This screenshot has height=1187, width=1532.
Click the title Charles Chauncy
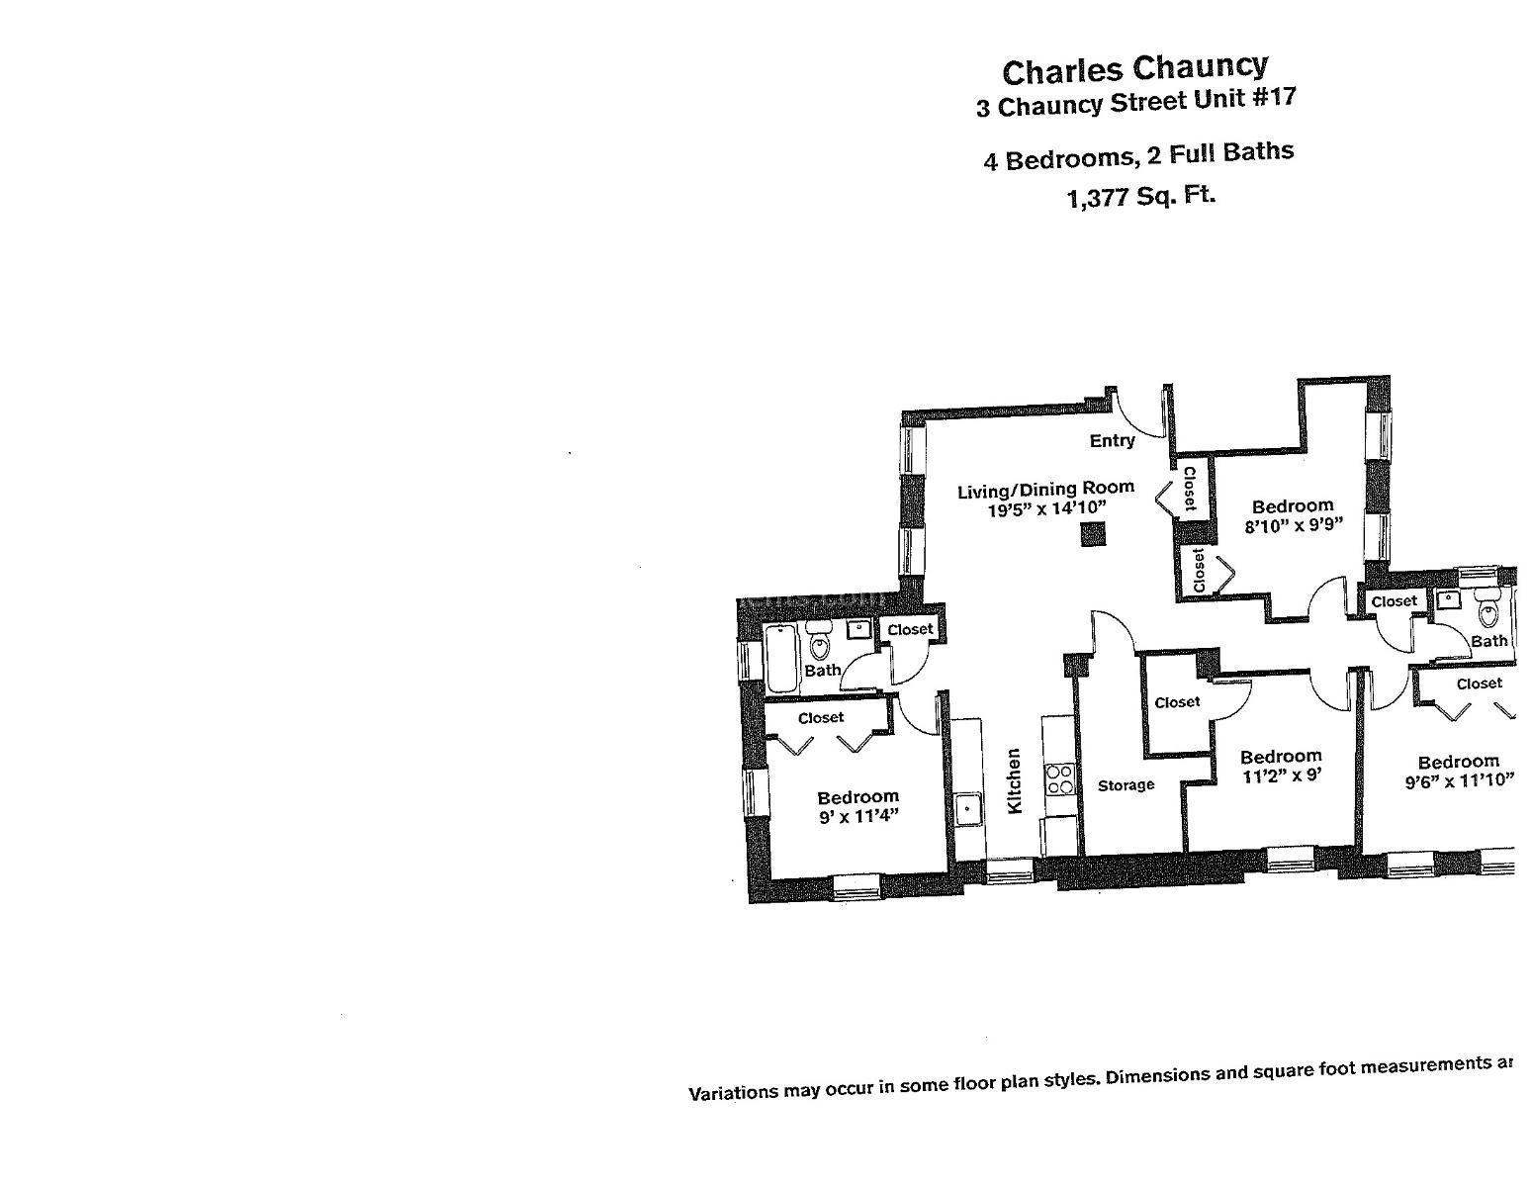click(1134, 69)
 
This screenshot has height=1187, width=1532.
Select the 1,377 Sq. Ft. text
click(1140, 197)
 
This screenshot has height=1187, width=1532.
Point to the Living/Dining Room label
click(1045, 489)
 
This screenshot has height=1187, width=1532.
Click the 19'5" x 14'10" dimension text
click(1045, 509)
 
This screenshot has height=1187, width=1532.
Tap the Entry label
click(1112, 441)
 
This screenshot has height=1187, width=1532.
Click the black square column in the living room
click(1091, 535)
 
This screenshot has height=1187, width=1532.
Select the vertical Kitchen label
click(1014, 781)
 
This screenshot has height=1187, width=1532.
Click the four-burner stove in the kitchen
click(1059, 779)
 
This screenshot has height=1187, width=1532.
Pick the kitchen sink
click(967, 810)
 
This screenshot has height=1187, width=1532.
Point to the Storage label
click(1126, 785)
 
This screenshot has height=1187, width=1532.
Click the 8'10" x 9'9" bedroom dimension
click(1293, 526)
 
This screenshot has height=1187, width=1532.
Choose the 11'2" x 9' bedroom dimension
click(1282, 777)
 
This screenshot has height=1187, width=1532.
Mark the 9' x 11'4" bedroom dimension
click(857, 817)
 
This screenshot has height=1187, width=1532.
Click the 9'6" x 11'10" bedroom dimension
click(1459, 782)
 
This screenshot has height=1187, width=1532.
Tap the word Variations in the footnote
click(731, 1093)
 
